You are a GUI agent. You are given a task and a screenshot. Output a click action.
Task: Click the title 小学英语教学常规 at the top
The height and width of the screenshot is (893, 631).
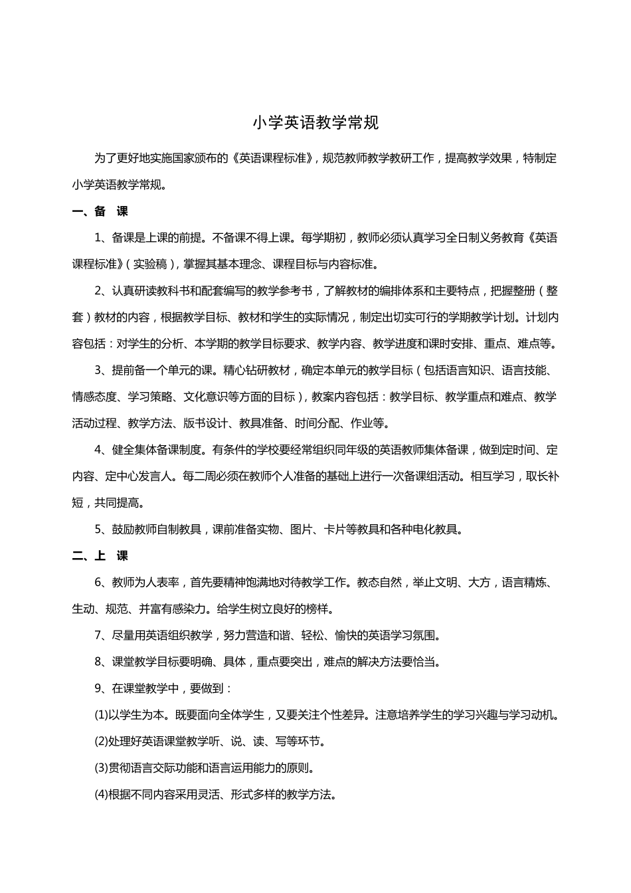click(315, 123)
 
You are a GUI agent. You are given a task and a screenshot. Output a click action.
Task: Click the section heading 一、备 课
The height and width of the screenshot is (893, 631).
click(100, 212)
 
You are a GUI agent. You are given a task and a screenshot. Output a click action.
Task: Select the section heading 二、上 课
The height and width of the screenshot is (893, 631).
click(100, 556)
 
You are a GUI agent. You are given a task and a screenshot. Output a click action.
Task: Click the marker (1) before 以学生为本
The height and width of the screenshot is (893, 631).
click(101, 715)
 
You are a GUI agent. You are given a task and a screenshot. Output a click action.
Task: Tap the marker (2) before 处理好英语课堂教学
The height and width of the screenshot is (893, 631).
click(101, 742)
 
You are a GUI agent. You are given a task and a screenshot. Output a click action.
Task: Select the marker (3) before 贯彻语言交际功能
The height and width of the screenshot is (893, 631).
click(101, 768)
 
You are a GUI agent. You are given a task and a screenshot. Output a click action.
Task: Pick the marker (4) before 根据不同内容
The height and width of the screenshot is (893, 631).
click(101, 795)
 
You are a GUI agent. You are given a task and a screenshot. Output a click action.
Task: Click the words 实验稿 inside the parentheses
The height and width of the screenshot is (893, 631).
click(150, 264)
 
